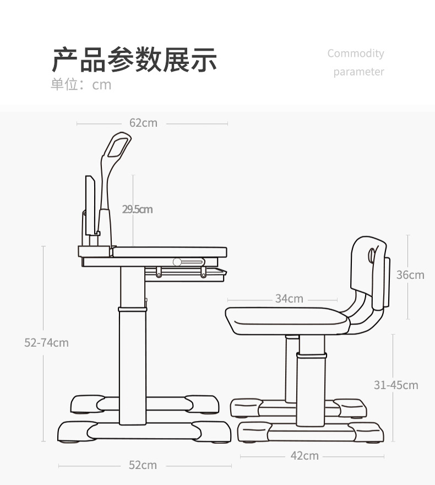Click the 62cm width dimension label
[143, 123]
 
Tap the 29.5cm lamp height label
[137, 209]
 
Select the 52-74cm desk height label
[47, 343]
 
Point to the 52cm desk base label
[143, 465]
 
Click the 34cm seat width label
[289, 299]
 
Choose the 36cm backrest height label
[410, 274]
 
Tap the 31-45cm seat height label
[396, 385]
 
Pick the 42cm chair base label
[304, 456]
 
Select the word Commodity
[356, 53]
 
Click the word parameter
[358, 72]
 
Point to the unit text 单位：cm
[81, 84]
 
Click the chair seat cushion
[286, 320]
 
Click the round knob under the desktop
[177, 262]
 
